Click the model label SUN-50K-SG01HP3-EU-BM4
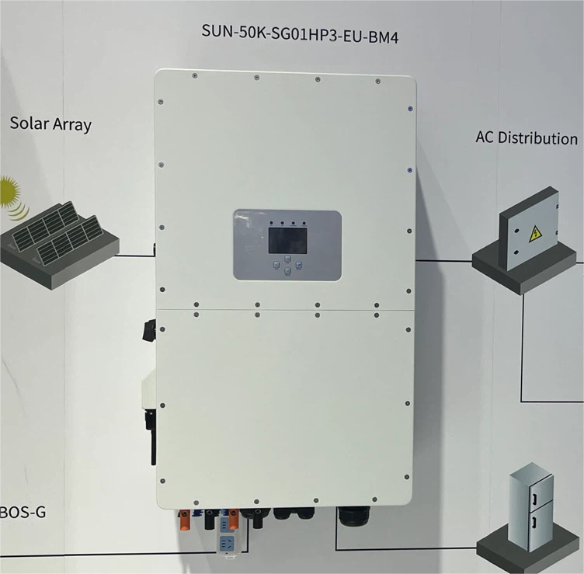tap(300, 34)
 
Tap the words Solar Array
tap(50, 124)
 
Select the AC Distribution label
tap(527, 137)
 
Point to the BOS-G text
tap(23, 512)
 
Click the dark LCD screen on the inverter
tap(288, 241)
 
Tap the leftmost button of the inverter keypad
tap(276, 265)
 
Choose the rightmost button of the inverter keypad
tap(299, 265)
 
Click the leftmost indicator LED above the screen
tap(272, 223)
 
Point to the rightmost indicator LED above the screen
tap(304, 223)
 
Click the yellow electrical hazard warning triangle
tap(535, 234)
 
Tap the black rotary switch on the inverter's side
tap(149, 330)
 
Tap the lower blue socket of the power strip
tap(227, 542)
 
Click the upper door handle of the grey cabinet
tap(535, 499)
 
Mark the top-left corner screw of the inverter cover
tap(195, 75)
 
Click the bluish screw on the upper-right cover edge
tap(410, 109)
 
